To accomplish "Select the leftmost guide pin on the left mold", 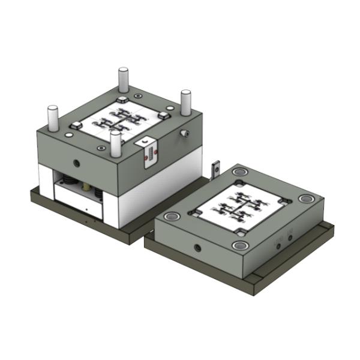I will pos(53,118).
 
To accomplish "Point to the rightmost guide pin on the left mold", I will pos(186,102).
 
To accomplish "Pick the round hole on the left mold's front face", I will pos(76,163).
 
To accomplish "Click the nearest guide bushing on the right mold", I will pos(241,245).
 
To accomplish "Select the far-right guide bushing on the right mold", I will pos(307,199).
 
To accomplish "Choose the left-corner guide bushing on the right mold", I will pos(173,215).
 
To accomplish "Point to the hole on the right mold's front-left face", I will pos(196,247).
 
